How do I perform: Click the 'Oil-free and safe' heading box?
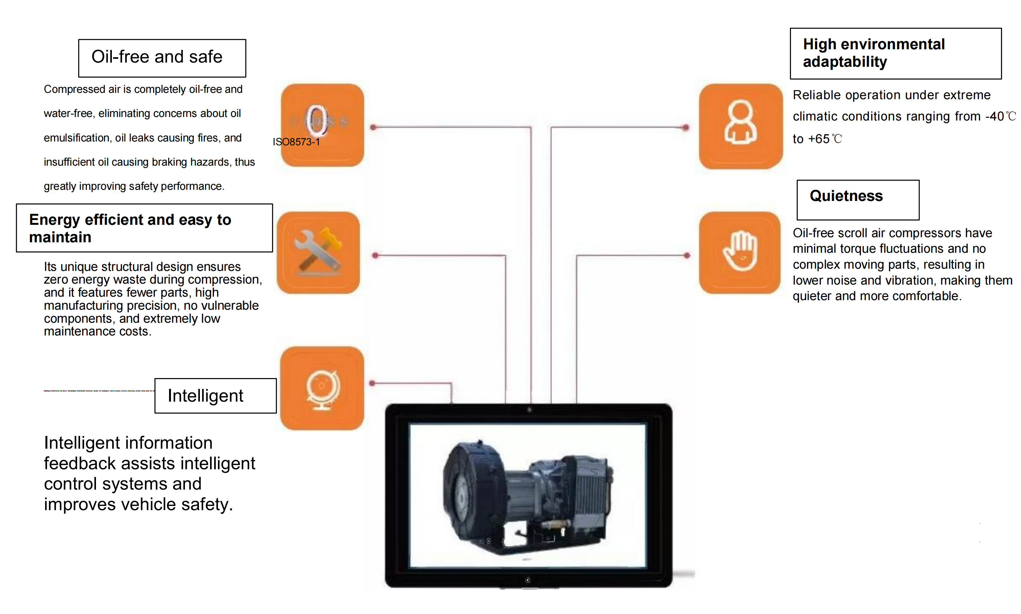point(162,58)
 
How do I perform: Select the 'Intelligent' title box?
point(215,395)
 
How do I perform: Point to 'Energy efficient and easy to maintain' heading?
point(144,228)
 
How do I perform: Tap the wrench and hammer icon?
point(318,252)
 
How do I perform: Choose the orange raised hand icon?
point(739,252)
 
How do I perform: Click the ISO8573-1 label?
point(296,142)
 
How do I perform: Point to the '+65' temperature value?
point(819,139)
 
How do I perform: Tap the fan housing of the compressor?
point(473,490)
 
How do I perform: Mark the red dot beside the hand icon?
point(687,255)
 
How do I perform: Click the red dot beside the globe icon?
point(372,383)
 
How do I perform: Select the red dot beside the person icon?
point(686,128)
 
